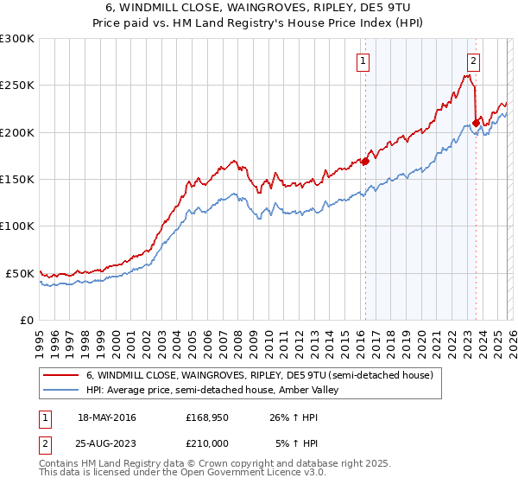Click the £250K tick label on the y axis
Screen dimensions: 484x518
16,86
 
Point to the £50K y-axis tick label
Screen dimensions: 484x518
20,273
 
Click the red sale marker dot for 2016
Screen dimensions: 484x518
365,161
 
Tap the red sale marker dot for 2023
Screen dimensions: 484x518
476,123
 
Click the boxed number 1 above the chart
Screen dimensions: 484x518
363,60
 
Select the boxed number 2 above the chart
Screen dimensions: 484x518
474,60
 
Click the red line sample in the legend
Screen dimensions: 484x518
62,375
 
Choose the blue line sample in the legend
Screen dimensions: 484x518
62,391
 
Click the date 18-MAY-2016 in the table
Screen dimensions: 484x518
107,418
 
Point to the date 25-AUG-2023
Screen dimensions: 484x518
107,444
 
